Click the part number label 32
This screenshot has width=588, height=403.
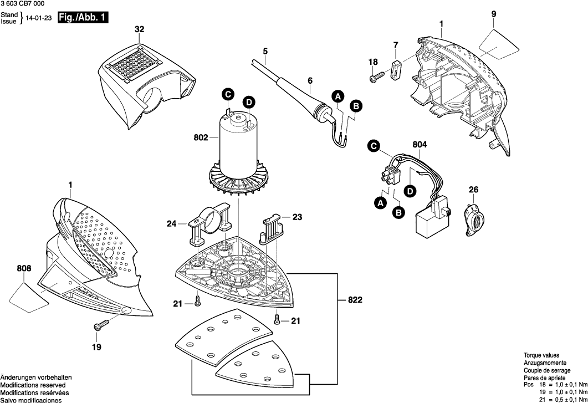click(x=139, y=29)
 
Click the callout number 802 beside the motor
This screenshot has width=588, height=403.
click(x=201, y=138)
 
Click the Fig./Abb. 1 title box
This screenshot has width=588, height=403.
click(x=83, y=18)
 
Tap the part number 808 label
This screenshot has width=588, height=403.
click(x=24, y=269)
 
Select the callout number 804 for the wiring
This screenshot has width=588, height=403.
click(x=420, y=145)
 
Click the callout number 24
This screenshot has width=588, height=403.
click(x=172, y=225)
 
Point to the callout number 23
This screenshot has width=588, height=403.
click(x=297, y=218)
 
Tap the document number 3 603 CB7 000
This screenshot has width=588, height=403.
click(x=22, y=4)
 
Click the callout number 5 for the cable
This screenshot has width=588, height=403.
click(x=265, y=52)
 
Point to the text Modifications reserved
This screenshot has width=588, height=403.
click(x=33, y=385)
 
